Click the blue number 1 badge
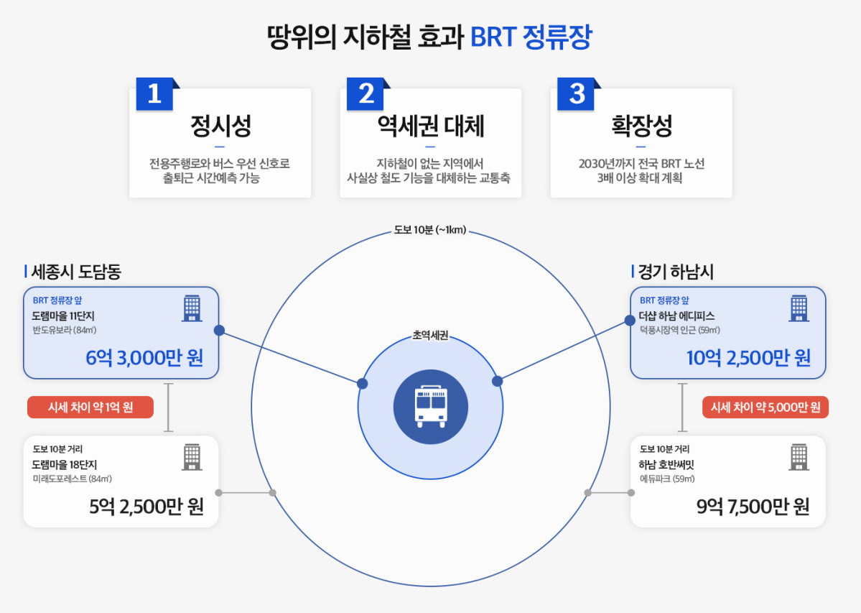click(154, 94)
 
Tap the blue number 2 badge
click(366, 94)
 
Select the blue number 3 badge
click(577, 94)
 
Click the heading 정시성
click(220, 127)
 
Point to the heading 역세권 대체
click(431, 127)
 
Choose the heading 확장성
click(641, 127)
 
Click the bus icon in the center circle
click(431, 407)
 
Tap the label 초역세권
click(431, 336)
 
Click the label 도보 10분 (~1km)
click(431, 231)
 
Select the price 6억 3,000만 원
click(144, 357)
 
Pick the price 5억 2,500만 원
click(146, 507)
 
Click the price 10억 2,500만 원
click(749, 357)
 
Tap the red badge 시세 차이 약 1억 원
click(90, 407)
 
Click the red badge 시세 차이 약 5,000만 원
click(765, 407)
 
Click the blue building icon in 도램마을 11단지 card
click(192, 308)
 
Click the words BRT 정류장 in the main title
click(531, 37)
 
